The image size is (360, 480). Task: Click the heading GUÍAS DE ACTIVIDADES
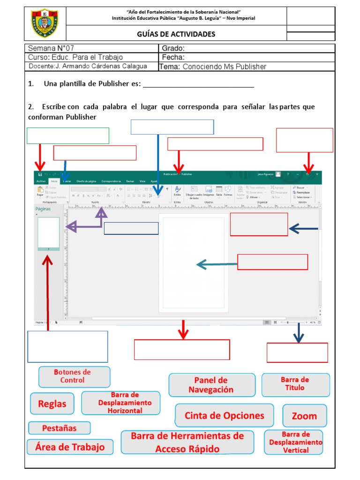pyautogui.click(x=176, y=34)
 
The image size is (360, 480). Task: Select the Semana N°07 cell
pyautogui.click(x=91, y=48)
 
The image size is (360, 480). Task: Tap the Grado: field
pyautogui.click(x=247, y=48)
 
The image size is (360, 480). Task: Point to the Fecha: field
pyautogui.click(x=247, y=57)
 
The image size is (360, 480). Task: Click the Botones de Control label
pyautogui.click(x=75, y=376)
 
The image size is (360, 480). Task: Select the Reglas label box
pyautogui.click(x=52, y=404)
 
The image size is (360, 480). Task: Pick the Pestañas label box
pyautogui.click(x=59, y=428)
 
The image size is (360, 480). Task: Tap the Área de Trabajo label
pyautogui.click(x=70, y=447)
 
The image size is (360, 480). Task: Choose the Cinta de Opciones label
pyautogui.click(x=224, y=416)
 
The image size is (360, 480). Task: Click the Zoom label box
pyautogui.click(x=304, y=416)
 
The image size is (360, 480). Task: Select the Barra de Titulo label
pyautogui.click(x=295, y=384)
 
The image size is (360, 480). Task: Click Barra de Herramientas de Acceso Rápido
pyautogui.click(x=187, y=442)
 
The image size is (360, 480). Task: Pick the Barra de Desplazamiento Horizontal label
pyautogui.click(x=120, y=403)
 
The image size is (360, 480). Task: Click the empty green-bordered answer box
pyautogui.click(x=68, y=135)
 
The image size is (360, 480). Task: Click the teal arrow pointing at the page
pyautogui.click(x=216, y=265)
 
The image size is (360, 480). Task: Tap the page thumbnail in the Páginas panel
pyautogui.click(x=48, y=232)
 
